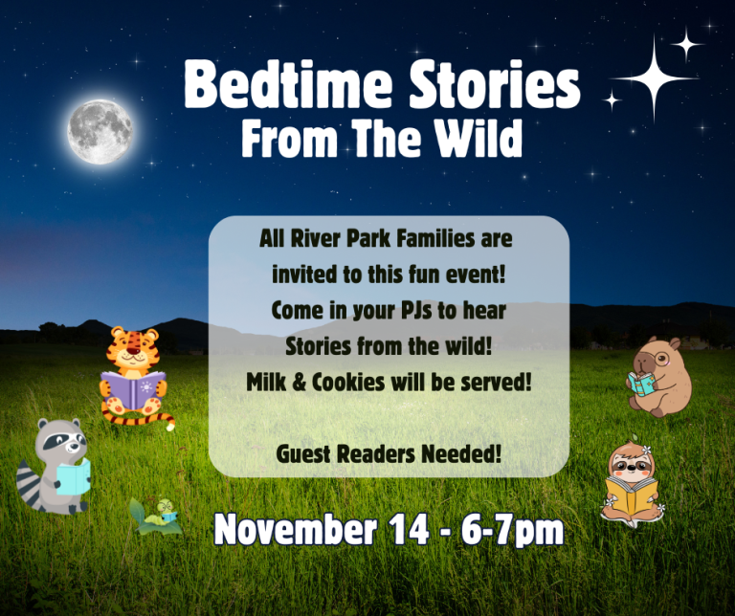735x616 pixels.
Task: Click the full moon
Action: (100, 132)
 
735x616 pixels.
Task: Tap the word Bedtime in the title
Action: (287, 84)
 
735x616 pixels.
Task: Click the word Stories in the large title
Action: (495, 84)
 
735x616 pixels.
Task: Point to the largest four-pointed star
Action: (655, 77)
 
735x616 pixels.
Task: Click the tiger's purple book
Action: (134, 389)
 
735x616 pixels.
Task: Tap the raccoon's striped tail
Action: (29, 483)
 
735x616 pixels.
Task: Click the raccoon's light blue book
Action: (74, 476)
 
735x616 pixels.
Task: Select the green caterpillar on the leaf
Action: (162, 514)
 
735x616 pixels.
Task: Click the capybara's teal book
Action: (642, 384)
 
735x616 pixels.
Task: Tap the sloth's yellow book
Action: (632, 495)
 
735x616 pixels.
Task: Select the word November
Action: (296, 530)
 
